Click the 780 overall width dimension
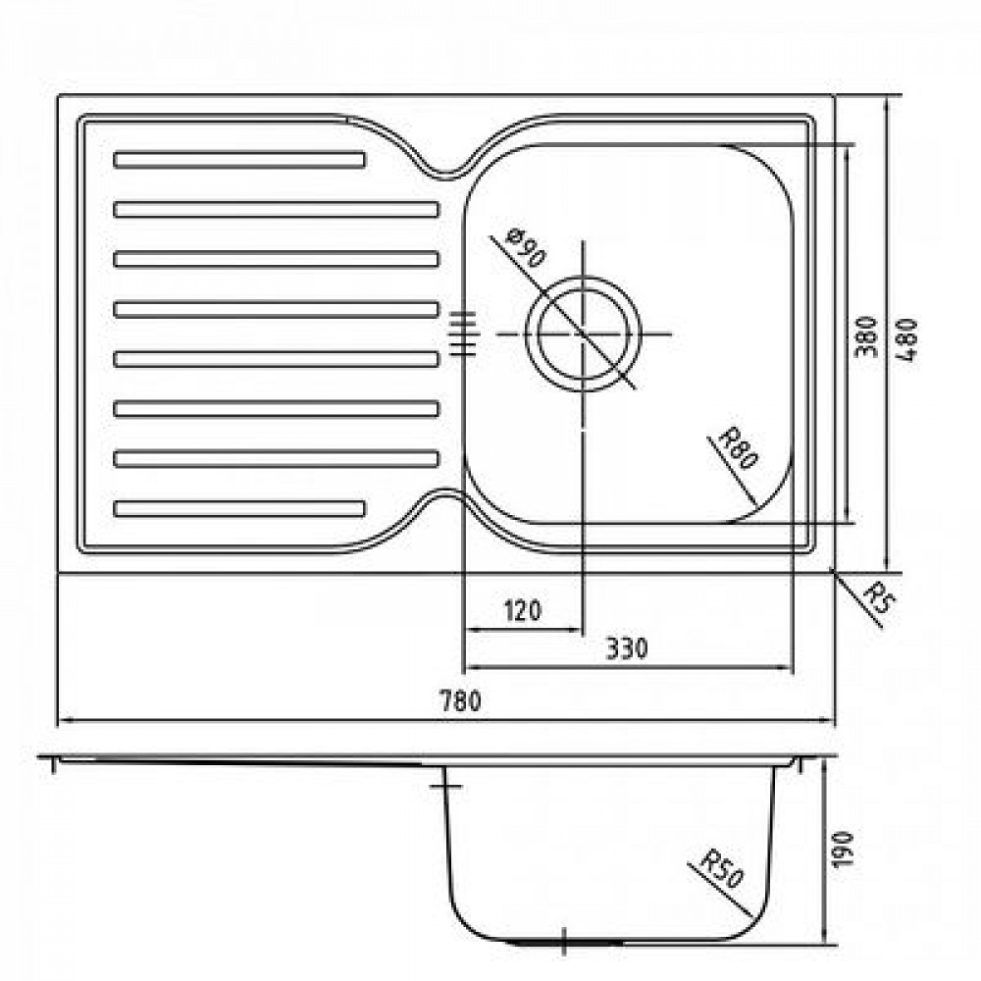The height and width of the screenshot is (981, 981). click(461, 700)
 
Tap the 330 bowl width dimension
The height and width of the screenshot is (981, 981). click(627, 648)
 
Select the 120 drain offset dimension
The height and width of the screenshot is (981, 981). click(523, 610)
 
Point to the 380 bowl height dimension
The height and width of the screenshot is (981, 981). click(866, 336)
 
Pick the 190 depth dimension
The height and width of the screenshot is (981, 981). click(843, 849)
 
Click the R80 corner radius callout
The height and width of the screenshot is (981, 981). click(739, 448)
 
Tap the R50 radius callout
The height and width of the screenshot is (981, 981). click(721, 868)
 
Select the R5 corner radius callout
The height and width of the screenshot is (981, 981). click(878, 598)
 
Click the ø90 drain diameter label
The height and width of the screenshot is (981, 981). click(527, 248)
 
